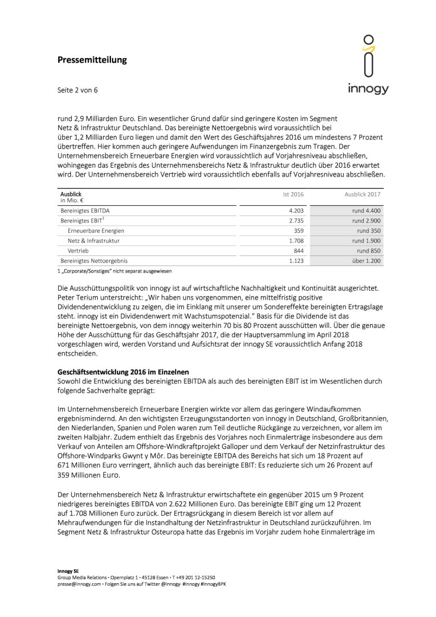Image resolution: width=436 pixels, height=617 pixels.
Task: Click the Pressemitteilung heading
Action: (x=92, y=60)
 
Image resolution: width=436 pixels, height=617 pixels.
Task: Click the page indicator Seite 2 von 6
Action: (x=78, y=90)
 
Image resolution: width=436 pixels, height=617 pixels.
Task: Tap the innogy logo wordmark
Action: (x=368, y=89)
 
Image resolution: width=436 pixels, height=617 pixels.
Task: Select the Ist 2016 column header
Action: (x=293, y=195)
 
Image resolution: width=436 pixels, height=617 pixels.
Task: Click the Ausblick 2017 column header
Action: (x=362, y=195)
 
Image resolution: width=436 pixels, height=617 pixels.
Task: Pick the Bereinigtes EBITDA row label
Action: (x=85, y=211)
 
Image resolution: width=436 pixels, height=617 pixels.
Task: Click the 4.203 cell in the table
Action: (x=296, y=211)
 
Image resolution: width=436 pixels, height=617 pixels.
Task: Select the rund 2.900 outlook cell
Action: (x=366, y=221)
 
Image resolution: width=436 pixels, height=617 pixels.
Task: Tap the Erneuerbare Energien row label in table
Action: (x=96, y=231)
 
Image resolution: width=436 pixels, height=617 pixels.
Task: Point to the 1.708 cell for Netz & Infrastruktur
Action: (x=296, y=241)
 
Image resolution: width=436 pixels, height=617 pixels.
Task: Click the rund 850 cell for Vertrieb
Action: (x=368, y=251)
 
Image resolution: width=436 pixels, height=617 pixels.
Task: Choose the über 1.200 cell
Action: (x=366, y=261)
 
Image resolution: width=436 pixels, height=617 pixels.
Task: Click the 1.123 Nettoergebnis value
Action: (x=296, y=261)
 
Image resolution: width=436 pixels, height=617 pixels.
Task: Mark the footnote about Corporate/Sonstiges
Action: (x=115, y=271)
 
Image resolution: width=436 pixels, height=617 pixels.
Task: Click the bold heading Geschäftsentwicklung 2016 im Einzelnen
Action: (x=123, y=372)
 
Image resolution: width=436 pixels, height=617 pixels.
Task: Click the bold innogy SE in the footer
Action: (x=68, y=571)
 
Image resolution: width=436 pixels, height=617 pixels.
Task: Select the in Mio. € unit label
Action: (x=72, y=201)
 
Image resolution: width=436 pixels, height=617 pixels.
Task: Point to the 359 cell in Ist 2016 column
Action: (x=299, y=231)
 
